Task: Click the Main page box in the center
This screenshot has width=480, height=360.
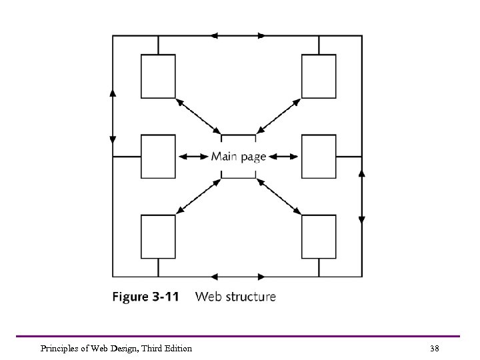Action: (238, 157)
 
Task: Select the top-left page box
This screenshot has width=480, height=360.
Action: (158, 76)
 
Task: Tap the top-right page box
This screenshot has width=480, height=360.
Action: (319, 76)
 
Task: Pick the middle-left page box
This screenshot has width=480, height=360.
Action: (158, 157)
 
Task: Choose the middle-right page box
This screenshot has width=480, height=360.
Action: (319, 157)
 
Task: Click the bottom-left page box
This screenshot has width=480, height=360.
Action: (158, 236)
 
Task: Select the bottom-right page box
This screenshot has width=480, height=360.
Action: (319, 236)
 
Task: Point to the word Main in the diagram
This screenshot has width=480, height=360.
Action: (224, 157)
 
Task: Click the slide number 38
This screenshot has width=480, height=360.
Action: (435, 348)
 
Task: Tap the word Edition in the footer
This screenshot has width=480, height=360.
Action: (176, 348)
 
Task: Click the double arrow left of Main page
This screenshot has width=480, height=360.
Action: (194, 157)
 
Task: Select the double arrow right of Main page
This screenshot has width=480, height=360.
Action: (284, 157)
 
